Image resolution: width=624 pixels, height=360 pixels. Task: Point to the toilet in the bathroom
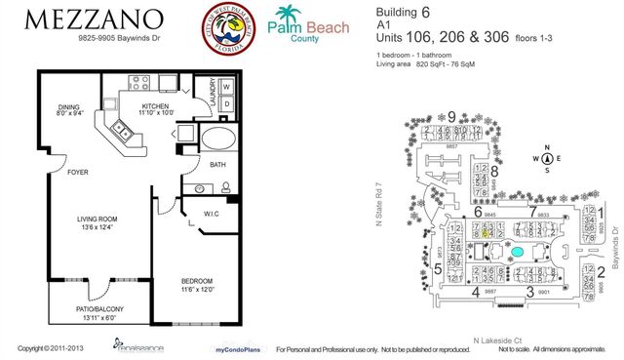[x=227, y=187]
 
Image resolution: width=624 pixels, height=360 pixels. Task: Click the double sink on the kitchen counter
[x=121, y=127]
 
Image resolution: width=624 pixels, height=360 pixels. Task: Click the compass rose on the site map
[x=548, y=158]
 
